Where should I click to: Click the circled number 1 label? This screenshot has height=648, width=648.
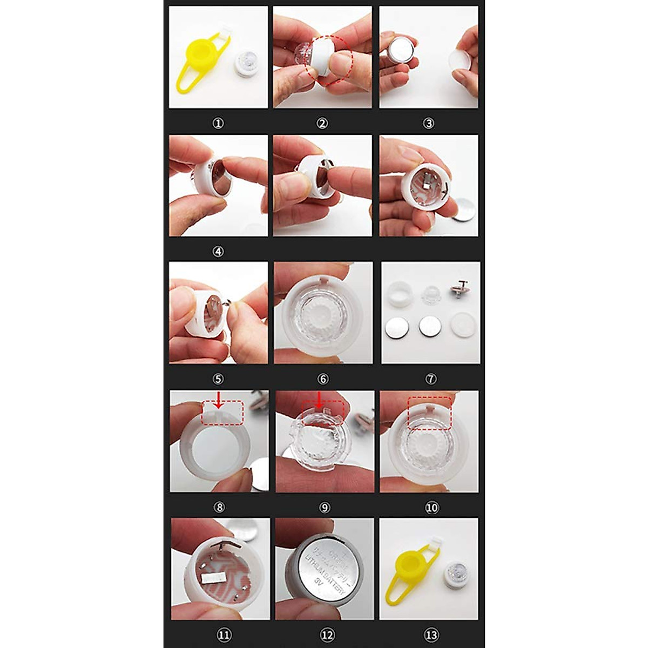click(x=218, y=124)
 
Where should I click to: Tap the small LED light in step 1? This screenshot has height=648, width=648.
click(x=247, y=62)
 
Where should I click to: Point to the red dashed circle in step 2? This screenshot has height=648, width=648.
click(x=329, y=60)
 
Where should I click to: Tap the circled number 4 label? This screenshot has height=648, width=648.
click(x=218, y=252)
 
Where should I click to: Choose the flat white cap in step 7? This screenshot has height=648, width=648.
click(x=462, y=326)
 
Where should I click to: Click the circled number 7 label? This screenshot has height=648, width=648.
click(x=430, y=379)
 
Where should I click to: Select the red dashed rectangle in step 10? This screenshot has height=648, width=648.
click(x=429, y=413)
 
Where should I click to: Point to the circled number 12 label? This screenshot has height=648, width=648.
click(x=327, y=635)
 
